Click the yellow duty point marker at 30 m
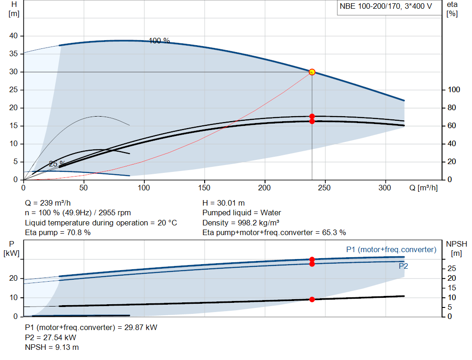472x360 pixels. coord(312,72)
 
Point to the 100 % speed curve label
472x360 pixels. coord(159,41)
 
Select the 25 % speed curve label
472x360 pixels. coord(57,164)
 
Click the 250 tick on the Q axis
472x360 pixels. coord(324,188)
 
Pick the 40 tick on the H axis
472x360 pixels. coord(13,36)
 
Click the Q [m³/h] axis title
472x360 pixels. coord(423,188)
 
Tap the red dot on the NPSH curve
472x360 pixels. coord(312,300)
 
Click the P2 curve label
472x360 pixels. coord(403,266)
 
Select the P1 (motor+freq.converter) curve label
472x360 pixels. coord(391,249)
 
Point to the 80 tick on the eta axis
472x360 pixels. coord(452,108)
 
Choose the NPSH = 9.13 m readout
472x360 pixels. coord(52,348)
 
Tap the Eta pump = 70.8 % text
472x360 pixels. coord(58,233)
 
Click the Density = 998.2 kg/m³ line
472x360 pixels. coord(241,223)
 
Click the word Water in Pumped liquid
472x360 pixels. coord(271,213)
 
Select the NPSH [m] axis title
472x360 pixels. coord(456,248)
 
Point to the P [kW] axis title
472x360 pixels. coord(12,248)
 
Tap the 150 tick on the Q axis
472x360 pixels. coord(204,188)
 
